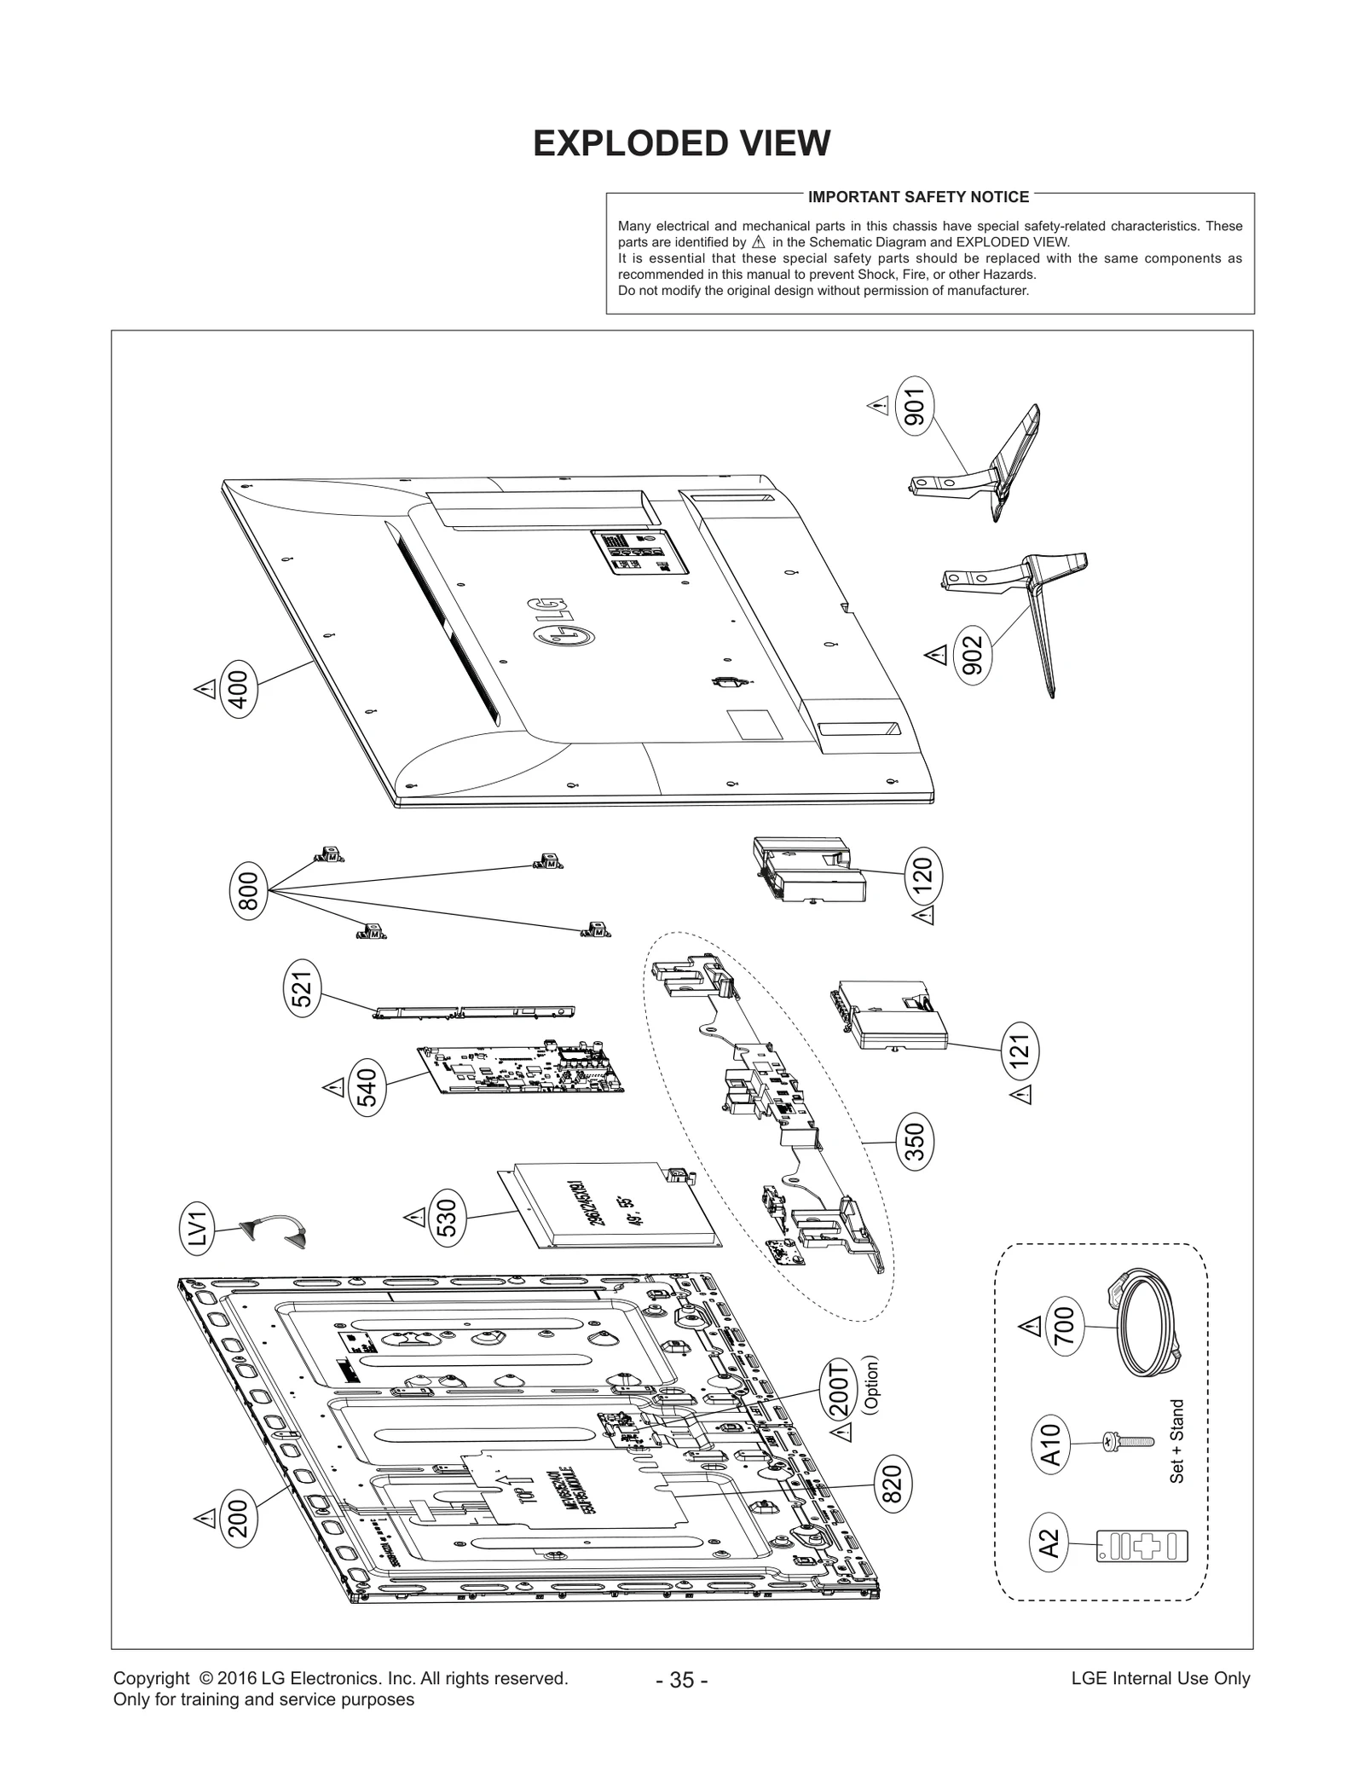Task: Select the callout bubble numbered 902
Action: coord(972,655)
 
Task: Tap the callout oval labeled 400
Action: coord(238,690)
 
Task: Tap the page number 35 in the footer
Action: coord(682,1679)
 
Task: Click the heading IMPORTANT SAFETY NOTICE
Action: coord(918,197)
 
